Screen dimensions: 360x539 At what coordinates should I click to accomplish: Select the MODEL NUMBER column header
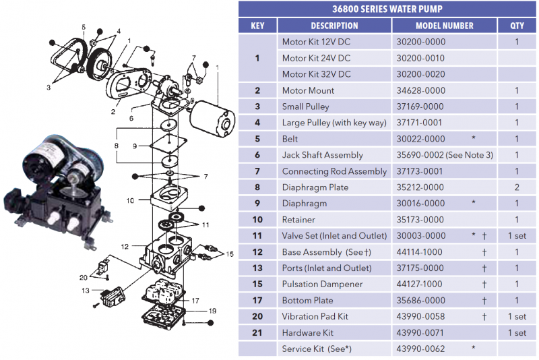444,26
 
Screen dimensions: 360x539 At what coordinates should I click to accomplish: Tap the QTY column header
516,26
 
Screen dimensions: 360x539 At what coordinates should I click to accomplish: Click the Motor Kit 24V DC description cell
316,58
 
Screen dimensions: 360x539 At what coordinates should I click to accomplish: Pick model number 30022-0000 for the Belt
420,139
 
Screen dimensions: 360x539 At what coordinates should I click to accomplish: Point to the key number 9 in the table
257,204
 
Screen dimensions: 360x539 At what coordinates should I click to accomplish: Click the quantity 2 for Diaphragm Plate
516,187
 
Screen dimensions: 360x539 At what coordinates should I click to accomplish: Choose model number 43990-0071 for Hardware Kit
420,333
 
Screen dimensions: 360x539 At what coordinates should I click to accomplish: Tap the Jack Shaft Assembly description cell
322,155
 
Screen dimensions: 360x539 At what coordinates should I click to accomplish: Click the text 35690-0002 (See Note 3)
445,155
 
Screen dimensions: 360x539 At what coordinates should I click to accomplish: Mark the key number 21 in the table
257,333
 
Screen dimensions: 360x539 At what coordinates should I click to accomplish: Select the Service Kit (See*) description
317,349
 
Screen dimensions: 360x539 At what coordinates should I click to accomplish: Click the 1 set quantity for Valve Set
516,236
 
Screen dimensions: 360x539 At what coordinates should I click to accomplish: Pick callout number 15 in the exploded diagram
230,254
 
